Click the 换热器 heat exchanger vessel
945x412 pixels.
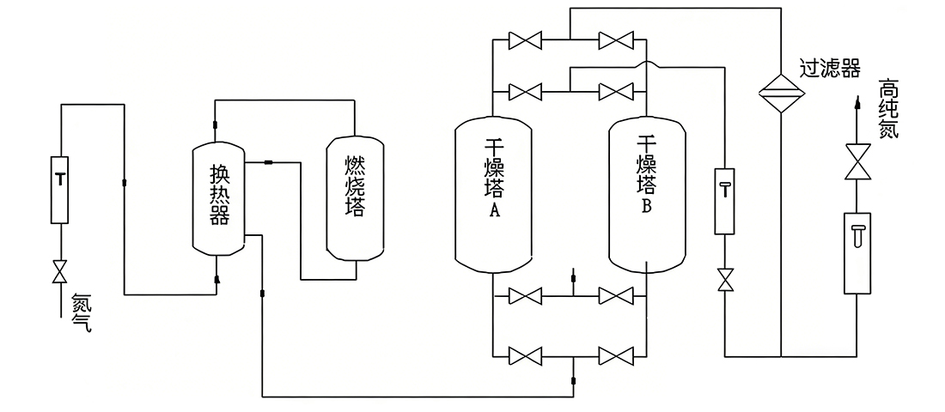tap(219, 197)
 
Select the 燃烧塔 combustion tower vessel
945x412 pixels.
tap(353, 197)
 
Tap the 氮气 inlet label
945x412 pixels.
tap(82, 313)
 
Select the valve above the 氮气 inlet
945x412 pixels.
tap(59, 273)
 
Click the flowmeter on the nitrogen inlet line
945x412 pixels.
tap(59, 189)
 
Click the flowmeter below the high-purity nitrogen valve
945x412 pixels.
tap(856, 252)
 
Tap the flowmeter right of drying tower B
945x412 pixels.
tap(725, 200)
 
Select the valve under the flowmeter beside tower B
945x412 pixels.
tap(725, 280)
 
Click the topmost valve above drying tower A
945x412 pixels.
tap(523, 39)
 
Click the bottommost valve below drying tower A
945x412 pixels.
tap(523, 354)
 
